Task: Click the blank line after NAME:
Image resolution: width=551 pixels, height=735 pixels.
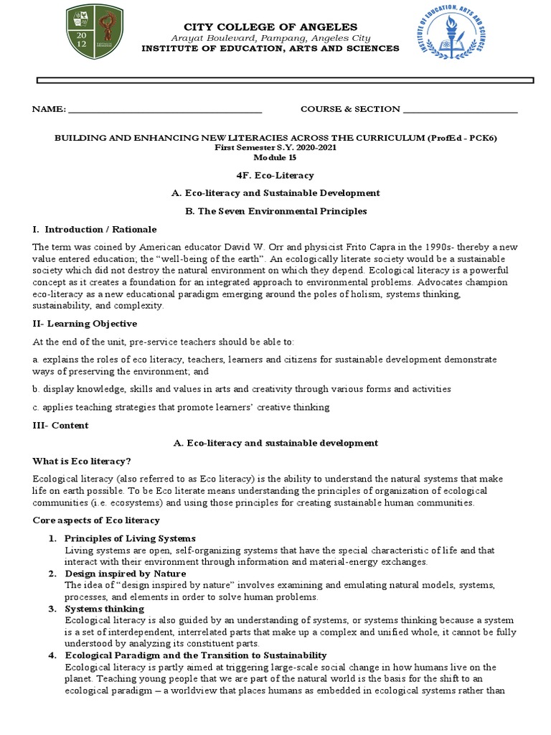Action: pyautogui.click(x=164, y=110)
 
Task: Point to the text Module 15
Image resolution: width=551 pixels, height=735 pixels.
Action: pyautogui.click(x=275, y=156)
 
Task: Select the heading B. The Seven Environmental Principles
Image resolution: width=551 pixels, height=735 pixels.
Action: pyautogui.click(x=275, y=211)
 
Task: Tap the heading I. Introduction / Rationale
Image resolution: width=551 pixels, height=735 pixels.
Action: pyautogui.click(x=94, y=230)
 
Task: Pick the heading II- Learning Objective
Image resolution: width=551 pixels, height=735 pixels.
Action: pyautogui.click(x=85, y=324)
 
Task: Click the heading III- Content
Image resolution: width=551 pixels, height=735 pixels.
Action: pyautogui.click(x=61, y=426)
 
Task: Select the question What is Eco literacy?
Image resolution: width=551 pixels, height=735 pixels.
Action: pyautogui.click(x=82, y=461)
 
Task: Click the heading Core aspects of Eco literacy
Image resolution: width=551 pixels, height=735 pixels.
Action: pyautogui.click(x=96, y=520)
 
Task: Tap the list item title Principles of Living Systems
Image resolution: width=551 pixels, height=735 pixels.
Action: pyautogui.click(x=130, y=538)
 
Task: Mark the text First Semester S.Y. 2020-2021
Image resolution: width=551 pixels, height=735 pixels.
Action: pyautogui.click(x=275, y=147)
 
